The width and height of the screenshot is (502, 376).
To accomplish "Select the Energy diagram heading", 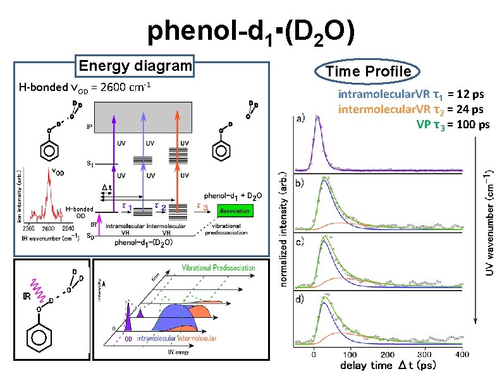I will click(134, 66).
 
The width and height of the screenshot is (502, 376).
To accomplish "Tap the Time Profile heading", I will click(368, 71).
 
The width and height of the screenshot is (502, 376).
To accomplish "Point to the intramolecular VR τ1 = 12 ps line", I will click(411, 95).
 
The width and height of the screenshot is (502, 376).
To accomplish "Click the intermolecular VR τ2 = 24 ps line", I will click(411, 109).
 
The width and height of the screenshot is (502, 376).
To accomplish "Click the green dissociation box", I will click(237, 210).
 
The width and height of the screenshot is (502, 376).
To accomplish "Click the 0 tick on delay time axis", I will click(314, 355).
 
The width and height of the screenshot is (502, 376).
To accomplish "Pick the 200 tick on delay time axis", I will click(388, 355).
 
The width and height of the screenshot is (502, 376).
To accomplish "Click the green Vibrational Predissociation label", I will click(218, 267).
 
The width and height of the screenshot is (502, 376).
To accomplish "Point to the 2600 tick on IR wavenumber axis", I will click(47, 228).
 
